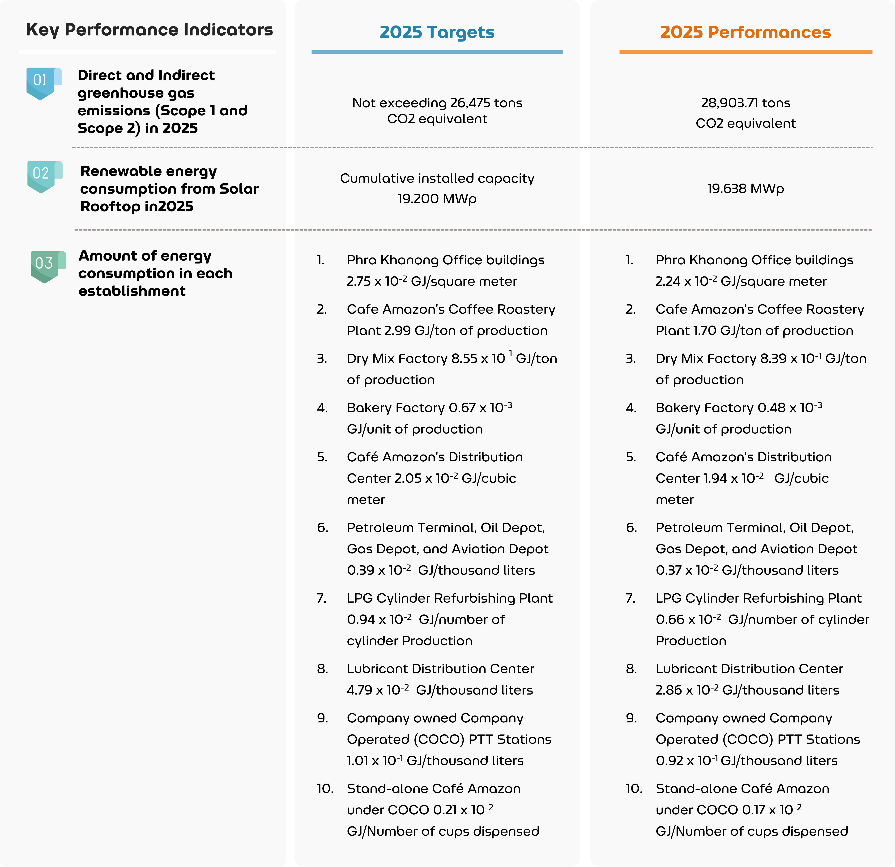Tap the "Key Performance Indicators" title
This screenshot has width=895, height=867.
[x=149, y=30]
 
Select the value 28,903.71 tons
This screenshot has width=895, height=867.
[x=745, y=103]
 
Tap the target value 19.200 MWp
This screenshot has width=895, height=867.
[x=437, y=199]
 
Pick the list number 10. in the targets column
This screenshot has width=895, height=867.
[x=325, y=789]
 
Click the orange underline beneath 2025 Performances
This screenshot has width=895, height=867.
[x=745, y=52]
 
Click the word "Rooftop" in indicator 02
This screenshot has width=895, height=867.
[x=110, y=206]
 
